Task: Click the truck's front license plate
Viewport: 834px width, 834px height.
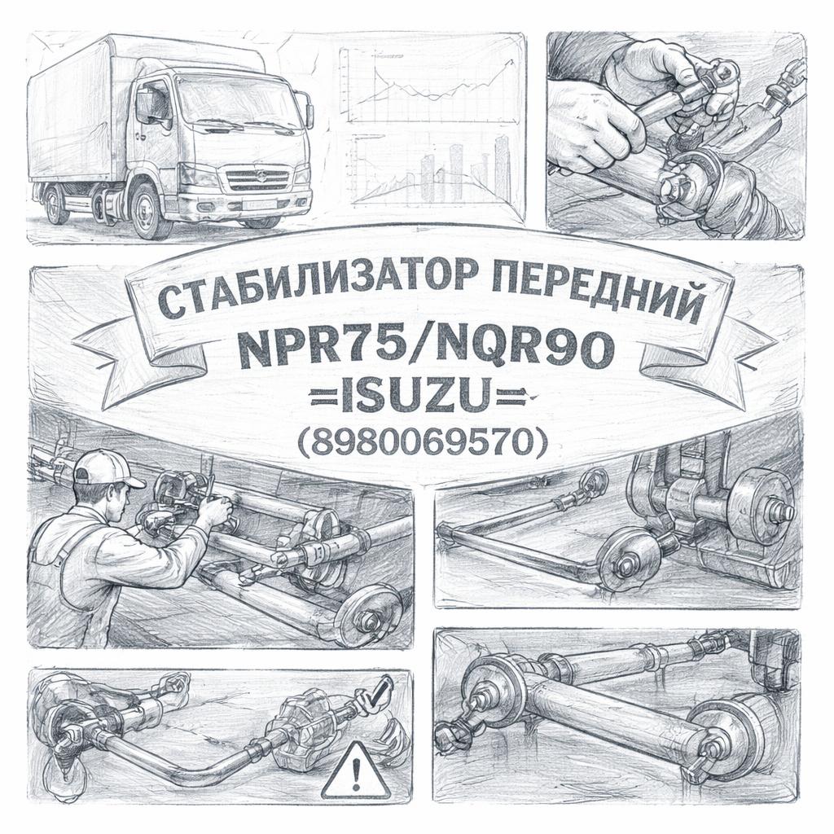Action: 259,204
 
